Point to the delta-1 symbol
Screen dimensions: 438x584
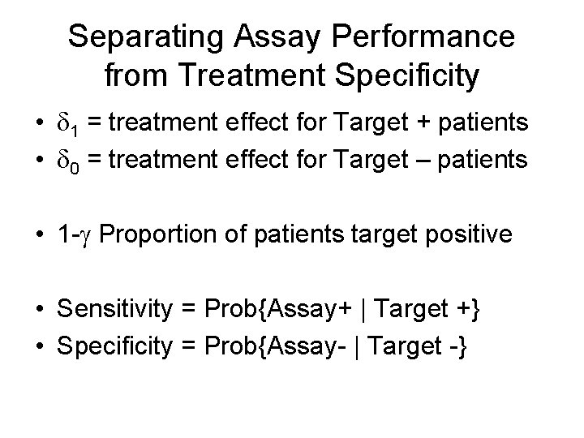[71, 124]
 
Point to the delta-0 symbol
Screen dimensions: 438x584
[71, 161]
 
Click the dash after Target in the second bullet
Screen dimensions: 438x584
[446, 161]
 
